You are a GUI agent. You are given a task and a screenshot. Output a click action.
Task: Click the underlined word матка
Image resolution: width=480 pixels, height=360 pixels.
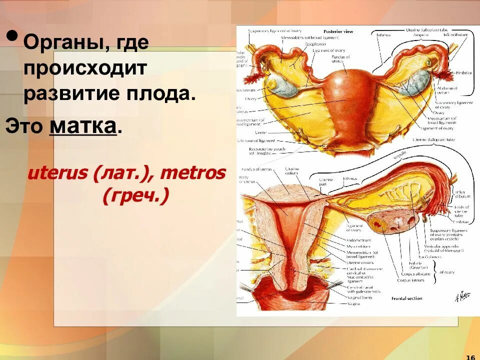coord(83,126)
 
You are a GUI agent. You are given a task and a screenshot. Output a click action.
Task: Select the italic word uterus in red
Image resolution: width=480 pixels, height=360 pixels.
coord(57,174)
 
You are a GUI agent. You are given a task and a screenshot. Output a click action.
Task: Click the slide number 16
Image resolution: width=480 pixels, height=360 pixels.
coord(469,356)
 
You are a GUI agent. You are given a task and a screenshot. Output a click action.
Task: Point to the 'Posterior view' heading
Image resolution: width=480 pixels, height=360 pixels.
coord(338,31)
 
